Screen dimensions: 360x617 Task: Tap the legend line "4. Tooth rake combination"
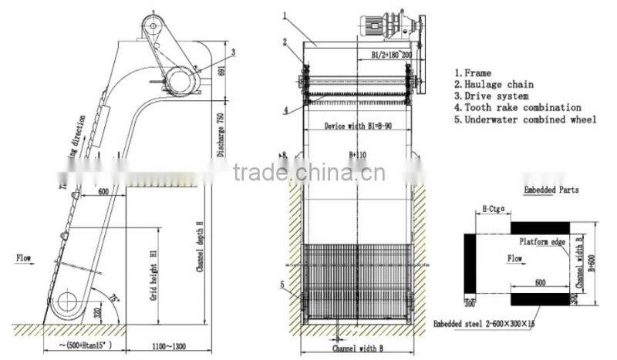click(x=518, y=108)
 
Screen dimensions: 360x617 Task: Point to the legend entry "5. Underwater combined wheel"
click(x=524, y=120)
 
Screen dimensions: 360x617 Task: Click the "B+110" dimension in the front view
click(x=357, y=155)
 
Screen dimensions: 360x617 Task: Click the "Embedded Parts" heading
click(x=551, y=189)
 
